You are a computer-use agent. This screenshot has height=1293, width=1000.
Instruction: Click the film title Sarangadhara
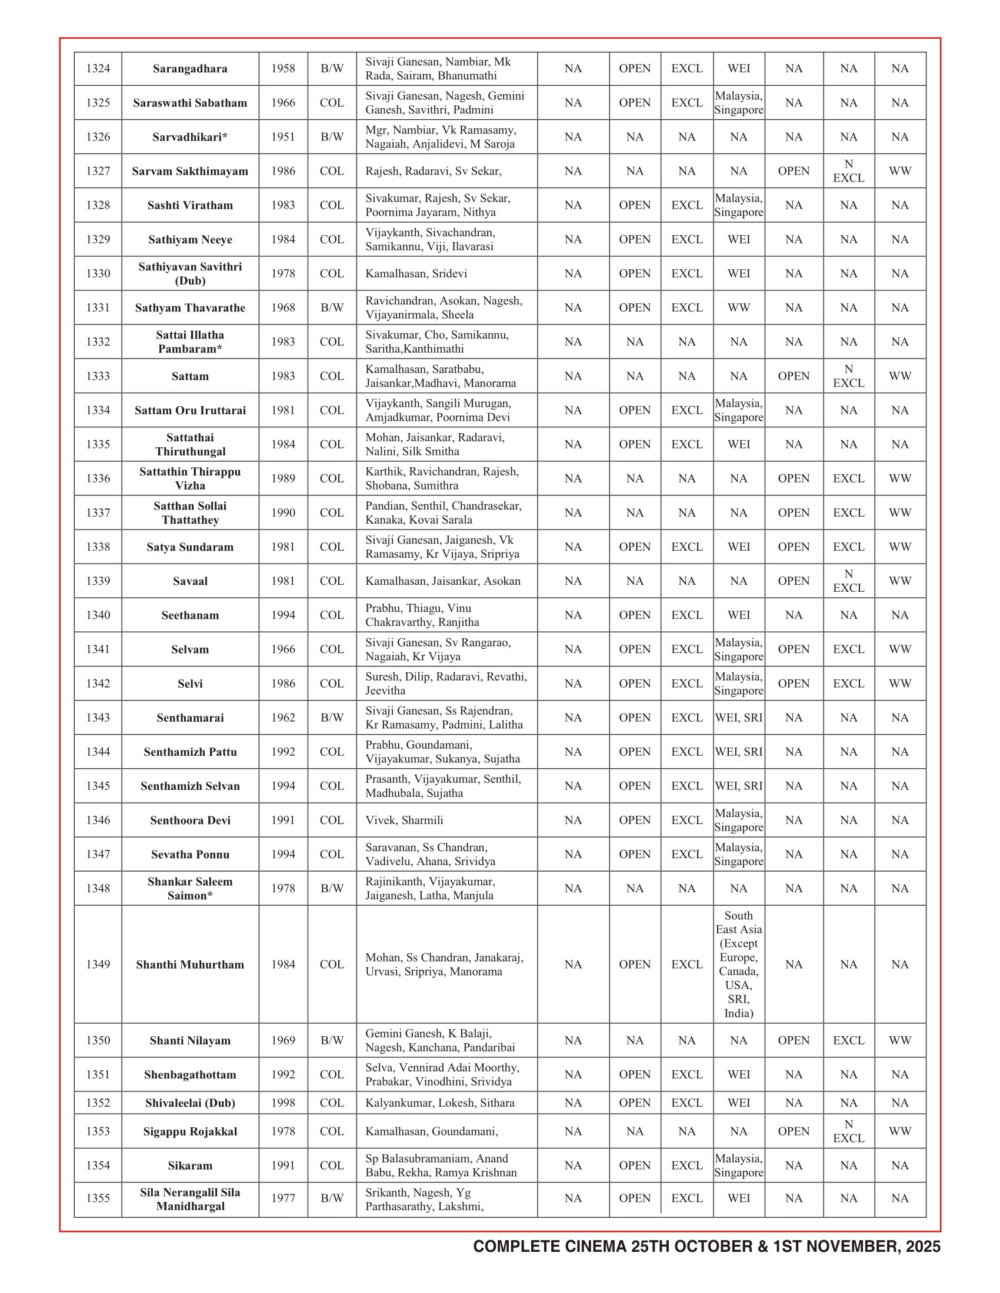pyautogui.click(x=190, y=69)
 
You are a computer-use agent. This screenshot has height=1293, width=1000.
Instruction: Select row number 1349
pyautogui.click(x=98, y=964)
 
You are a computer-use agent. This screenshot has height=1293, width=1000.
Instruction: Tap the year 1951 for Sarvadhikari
pyautogui.click(x=283, y=137)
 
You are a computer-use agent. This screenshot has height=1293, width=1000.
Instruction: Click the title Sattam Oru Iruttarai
pyautogui.click(x=190, y=410)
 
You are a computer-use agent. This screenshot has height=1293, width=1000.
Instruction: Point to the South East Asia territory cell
pyautogui.click(x=739, y=964)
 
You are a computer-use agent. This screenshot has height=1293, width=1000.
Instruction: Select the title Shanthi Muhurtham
pyautogui.click(x=190, y=964)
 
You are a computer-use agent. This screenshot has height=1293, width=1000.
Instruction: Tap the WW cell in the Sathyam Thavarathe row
pyautogui.click(x=739, y=308)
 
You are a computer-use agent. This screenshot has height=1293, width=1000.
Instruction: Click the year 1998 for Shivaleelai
pyautogui.click(x=283, y=1103)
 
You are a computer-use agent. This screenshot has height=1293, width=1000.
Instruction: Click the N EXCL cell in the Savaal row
pyautogui.click(x=848, y=581)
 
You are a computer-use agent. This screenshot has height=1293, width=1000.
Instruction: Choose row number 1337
pyautogui.click(x=98, y=512)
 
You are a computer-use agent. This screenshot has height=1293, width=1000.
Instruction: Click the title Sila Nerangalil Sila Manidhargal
pyautogui.click(x=190, y=1199)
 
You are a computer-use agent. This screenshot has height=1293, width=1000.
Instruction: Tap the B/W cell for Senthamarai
pyautogui.click(x=332, y=718)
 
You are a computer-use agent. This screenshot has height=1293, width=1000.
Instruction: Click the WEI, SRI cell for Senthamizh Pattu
pyautogui.click(x=739, y=752)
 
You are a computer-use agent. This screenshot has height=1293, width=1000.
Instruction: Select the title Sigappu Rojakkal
pyautogui.click(x=190, y=1131)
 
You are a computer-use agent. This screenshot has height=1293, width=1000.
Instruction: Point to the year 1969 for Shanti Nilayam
pyautogui.click(x=283, y=1040)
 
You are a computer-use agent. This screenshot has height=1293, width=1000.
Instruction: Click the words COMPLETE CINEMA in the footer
pyautogui.click(x=550, y=1247)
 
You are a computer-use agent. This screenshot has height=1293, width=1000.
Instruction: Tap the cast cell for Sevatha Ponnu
pyautogui.click(x=430, y=855)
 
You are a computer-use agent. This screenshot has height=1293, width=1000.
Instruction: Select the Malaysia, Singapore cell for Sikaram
pyautogui.click(x=739, y=1165)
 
